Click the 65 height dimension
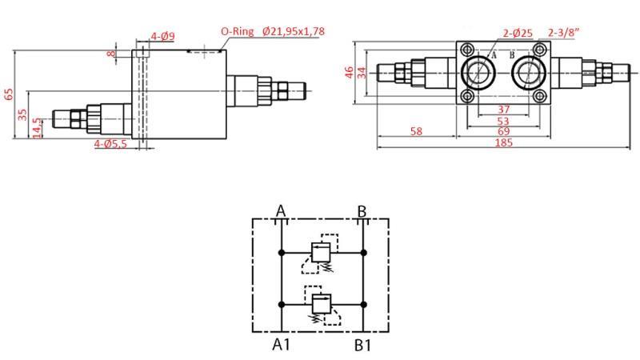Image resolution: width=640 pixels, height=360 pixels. coord(10,94)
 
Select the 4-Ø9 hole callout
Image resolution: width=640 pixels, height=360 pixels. coord(163,36)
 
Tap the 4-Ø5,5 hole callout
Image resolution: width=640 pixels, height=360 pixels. coord(110,144)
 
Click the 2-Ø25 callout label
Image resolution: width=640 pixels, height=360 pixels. coord(518,33)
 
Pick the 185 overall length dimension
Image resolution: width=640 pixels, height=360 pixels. coord(504,143)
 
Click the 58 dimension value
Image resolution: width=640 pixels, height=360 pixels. coord(416,131)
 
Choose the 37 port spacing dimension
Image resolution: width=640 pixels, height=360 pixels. coord(503,110)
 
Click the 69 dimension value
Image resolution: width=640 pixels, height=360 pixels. coord(503,131)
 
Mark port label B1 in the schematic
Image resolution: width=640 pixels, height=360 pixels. coord(362,345)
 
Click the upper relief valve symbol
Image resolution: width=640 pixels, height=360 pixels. coord(322,253)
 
